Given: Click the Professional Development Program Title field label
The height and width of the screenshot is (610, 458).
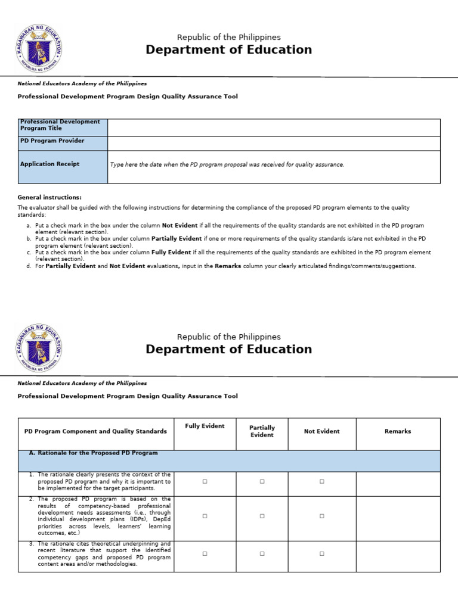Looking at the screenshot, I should pyautogui.click(x=60, y=125).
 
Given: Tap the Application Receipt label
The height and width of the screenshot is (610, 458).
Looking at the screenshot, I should pyautogui.click(x=49, y=164).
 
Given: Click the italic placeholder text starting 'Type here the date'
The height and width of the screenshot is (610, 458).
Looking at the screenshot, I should pyautogui.click(x=227, y=164).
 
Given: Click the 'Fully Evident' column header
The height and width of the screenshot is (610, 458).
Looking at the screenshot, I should pyautogui.click(x=205, y=426).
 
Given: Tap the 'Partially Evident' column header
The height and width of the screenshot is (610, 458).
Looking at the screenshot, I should pyautogui.click(x=262, y=431).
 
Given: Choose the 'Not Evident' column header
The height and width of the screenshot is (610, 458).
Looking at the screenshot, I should pyautogui.click(x=321, y=431).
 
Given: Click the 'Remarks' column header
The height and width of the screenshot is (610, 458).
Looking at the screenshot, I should pyautogui.click(x=398, y=431).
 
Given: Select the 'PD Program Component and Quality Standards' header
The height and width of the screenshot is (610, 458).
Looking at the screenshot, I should pyautogui.click(x=95, y=431).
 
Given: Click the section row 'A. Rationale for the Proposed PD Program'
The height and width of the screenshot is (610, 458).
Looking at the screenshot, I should pyautogui.click(x=93, y=453).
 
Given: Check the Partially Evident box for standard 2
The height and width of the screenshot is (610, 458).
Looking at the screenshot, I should pyautogui.click(x=262, y=516).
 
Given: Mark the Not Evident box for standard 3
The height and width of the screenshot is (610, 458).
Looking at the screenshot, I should pyautogui.click(x=321, y=554).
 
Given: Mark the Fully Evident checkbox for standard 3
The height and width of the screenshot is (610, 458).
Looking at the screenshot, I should pyautogui.click(x=205, y=554).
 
